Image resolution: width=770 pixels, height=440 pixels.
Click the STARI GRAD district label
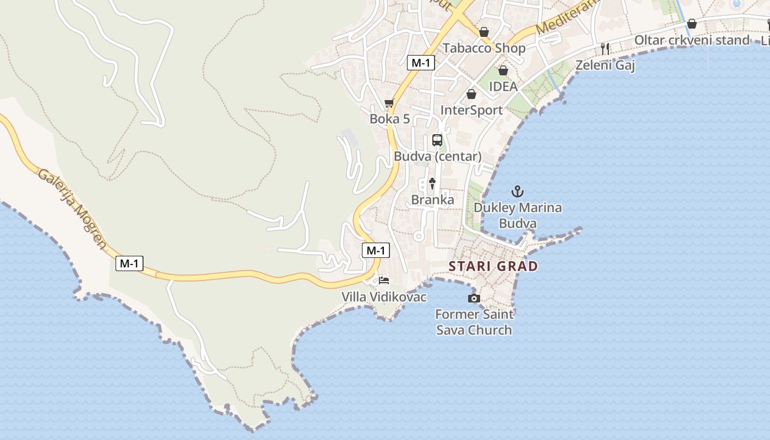[x=493, y=266]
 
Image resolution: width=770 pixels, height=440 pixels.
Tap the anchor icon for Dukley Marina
[x=517, y=192]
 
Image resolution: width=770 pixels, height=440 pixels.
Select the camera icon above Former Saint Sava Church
[x=474, y=298]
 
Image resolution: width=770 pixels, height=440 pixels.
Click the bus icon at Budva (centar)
[x=437, y=140]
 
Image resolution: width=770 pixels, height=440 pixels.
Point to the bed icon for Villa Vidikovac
[x=384, y=280]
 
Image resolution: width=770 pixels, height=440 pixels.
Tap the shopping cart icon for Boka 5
[x=389, y=103]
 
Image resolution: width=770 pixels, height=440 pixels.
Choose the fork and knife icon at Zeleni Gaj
[x=605, y=49]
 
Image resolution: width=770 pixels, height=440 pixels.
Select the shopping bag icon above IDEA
[x=503, y=70]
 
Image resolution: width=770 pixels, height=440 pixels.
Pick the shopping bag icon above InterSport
[x=471, y=94]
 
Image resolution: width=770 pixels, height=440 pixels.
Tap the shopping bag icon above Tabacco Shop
[x=484, y=32]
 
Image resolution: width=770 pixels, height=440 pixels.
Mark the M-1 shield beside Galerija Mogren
[x=129, y=263]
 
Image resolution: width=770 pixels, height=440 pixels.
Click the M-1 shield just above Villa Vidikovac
[x=376, y=250]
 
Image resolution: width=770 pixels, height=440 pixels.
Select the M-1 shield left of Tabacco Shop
[x=421, y=63]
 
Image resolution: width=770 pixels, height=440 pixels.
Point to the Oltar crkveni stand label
[x=691, y=40]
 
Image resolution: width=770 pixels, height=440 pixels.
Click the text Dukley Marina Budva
[x=518, y=216]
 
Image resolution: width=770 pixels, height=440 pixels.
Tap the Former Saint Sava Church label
[x=474, y=322]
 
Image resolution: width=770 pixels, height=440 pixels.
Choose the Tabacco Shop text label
[x=484, y=48]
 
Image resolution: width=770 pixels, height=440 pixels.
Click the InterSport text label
[x=471, y=110]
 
